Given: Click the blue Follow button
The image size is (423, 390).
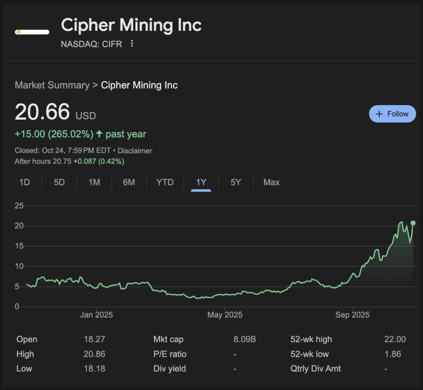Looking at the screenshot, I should (x=392, y=114).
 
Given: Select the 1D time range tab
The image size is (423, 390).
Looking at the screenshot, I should (x=25, y=182).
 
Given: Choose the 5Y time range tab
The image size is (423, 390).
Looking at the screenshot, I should (x=236, y=182).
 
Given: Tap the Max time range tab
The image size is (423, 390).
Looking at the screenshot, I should (x=271, y=182).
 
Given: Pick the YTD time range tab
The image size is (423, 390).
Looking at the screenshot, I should (x=165, y=182).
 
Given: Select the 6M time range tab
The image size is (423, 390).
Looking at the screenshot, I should (x=129, y=182).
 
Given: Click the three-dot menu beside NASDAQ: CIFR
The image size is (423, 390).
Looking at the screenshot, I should (x=132, y=44).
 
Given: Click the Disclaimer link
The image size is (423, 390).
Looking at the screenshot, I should (x=135, y=151).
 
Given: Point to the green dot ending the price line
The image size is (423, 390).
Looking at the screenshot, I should (x=413, y=223).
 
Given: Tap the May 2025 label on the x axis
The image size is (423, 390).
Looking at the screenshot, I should (x=225, y=315).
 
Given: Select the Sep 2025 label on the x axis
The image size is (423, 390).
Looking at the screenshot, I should (x=352, y=315).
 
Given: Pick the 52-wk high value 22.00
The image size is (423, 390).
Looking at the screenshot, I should (x=395, y=339).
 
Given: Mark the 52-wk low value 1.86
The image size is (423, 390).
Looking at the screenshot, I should (x=393, y=354).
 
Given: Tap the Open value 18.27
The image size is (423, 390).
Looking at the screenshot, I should (x=95, y=339).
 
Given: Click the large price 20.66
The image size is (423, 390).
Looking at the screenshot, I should (x=42, y=112).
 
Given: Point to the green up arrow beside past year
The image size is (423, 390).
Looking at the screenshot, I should (x=99, y=134).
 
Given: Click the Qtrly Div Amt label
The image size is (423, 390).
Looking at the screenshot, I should (x=315, y=369).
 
